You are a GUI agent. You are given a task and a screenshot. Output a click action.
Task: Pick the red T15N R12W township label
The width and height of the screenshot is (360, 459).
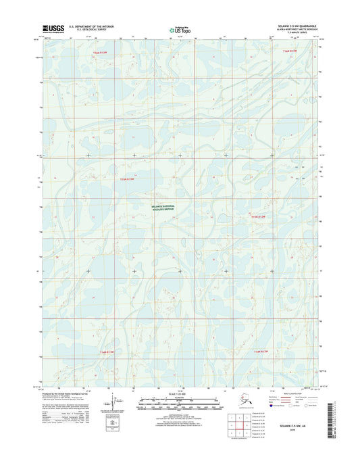tap(260, 216)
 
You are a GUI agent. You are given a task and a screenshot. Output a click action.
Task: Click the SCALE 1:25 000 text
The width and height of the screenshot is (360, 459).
tap(180, 394)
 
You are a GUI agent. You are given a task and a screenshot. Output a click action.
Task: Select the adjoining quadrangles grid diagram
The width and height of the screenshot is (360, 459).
tap(257, 425)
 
